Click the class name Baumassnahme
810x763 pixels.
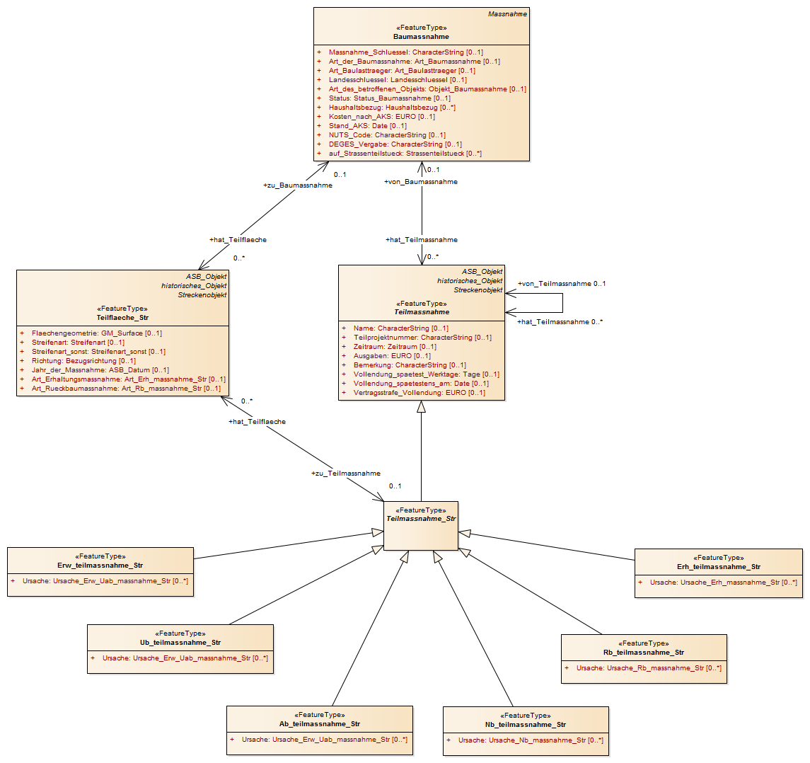(x=421, y=37)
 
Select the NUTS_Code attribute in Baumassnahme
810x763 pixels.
(x=387, y=135)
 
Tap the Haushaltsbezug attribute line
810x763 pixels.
(x=392, y=108)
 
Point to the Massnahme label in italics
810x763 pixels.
(x=507, y=14)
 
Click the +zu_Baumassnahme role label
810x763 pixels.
(x=298, y=185)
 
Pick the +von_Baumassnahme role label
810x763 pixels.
(x=420, y=181)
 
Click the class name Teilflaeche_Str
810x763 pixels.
(x=122, y=317)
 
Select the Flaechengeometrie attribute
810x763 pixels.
(x=97, y=333)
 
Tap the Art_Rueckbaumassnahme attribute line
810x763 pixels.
(x=126, y=388)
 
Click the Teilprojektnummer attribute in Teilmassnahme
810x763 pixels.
(x=422, y=337)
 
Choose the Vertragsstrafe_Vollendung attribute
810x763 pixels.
(x=420, y=392)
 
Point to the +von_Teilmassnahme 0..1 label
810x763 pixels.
(x=562, y=283)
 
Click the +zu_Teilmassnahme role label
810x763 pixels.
(x=346, y=473)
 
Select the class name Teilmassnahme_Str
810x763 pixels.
(x=421, y=519)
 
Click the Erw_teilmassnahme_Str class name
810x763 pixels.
(x=100, y=565)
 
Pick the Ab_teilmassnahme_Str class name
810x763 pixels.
(x=320, y=723)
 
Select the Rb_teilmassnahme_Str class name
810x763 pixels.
(x=644, y=653)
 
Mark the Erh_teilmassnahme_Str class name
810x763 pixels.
(x=719, y=566)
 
